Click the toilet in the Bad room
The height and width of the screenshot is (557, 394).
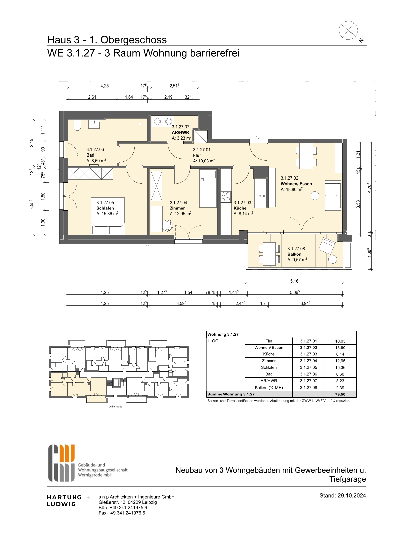(x=77, y=125)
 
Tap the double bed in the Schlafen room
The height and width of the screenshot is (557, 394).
(x=108, y=216)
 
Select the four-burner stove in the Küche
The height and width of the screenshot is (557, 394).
(x=226, y=197)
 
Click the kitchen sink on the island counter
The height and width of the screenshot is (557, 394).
(x=261, y=196)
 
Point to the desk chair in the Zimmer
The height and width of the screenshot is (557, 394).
(x=168, y=225)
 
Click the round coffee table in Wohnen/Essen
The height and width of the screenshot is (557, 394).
(x=315, y=196)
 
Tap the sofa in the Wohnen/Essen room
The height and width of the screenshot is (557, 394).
(x=333, y=196)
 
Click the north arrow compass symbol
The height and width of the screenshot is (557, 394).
(x=348, y=30)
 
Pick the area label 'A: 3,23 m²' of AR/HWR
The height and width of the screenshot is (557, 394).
(x=181, y=138)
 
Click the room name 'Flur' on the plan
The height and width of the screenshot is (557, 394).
(x=197, y=155)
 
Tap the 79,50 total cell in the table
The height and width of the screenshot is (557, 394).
(x=340, y=394)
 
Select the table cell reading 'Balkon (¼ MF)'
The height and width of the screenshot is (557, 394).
(x=269, y=388)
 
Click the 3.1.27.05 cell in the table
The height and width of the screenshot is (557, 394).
(x=309, y=367)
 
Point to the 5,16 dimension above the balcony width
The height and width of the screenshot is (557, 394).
(x=294, y=281)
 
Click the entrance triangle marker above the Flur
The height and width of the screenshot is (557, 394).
(x=258, y=137)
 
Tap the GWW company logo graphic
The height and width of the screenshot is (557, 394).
(x=62, y=463)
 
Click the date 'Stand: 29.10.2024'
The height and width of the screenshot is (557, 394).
(x=343, y=495)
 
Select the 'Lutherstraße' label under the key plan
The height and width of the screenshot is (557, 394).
(x=115, y=406)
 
